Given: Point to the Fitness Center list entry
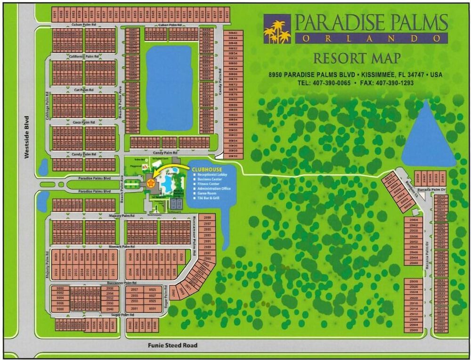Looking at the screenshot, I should [x=210, y=184].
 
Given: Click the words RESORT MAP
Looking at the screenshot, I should [x=357, y=58].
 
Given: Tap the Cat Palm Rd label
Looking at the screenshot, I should [x=84, y=90].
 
